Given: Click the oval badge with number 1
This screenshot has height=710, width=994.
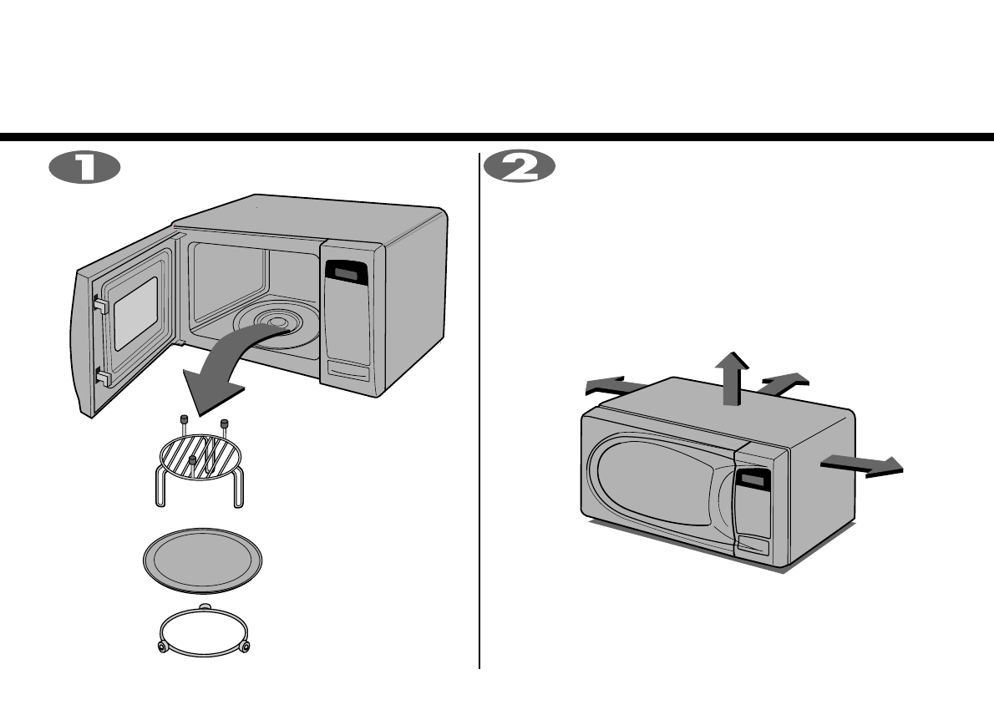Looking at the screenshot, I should point(84,167).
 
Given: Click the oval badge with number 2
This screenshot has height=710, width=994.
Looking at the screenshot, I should point(520,167).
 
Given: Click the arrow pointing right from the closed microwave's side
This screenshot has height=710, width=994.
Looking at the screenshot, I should point(865,465).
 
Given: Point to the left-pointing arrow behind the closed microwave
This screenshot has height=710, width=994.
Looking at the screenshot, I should point(614,386).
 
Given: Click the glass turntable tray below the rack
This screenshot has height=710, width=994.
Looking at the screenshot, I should point(203,558).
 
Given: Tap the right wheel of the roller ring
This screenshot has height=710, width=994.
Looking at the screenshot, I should point(245,647).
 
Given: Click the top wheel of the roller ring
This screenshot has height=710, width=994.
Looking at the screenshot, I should point(205,606).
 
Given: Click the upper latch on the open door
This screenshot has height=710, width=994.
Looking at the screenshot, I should point(101,306).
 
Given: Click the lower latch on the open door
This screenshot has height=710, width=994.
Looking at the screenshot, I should point(102,378).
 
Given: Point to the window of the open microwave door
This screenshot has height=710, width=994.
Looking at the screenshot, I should point(135,313).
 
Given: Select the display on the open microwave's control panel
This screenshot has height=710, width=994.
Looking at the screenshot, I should point(345,271).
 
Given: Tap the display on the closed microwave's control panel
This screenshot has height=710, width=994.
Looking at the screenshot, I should point(753,479).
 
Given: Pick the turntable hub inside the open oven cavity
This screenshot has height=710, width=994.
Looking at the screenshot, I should point(271,322).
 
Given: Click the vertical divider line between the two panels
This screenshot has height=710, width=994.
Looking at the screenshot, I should point(479,409).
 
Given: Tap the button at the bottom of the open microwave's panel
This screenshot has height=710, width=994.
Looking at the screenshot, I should point(349,370).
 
